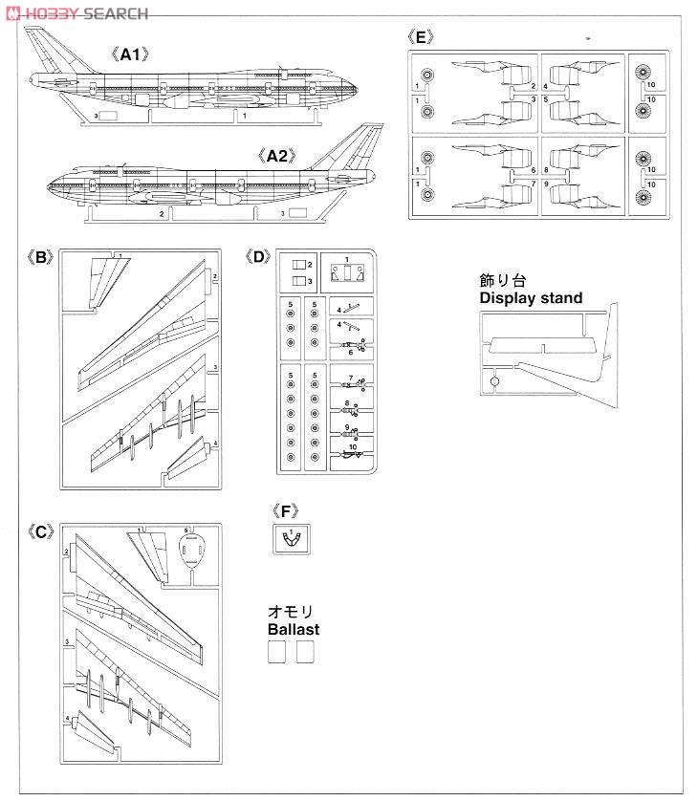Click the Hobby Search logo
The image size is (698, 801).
point(76,12)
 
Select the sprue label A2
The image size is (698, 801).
point(275,153)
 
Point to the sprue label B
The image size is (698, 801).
point(39,257)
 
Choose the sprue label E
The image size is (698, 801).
point(421,37)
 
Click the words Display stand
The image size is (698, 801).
point(531,298)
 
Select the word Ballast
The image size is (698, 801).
point(294,630)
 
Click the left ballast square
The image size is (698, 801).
point(275,652)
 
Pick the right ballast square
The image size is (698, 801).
point(305,652)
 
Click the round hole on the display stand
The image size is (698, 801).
point(493,380)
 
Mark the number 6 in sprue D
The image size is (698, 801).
point(351,353)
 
